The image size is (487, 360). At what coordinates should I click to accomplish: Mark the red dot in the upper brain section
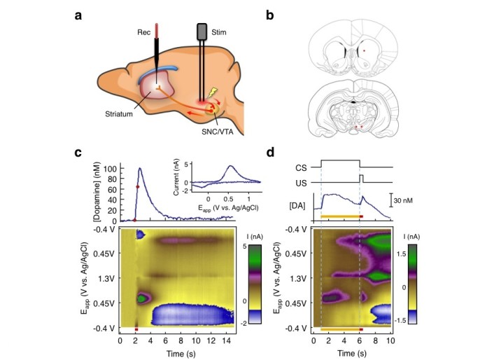364,51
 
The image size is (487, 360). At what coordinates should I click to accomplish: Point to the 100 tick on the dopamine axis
111,169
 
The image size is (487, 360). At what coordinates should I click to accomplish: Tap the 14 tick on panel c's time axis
221,340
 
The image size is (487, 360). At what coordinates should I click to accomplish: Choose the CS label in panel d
302,168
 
